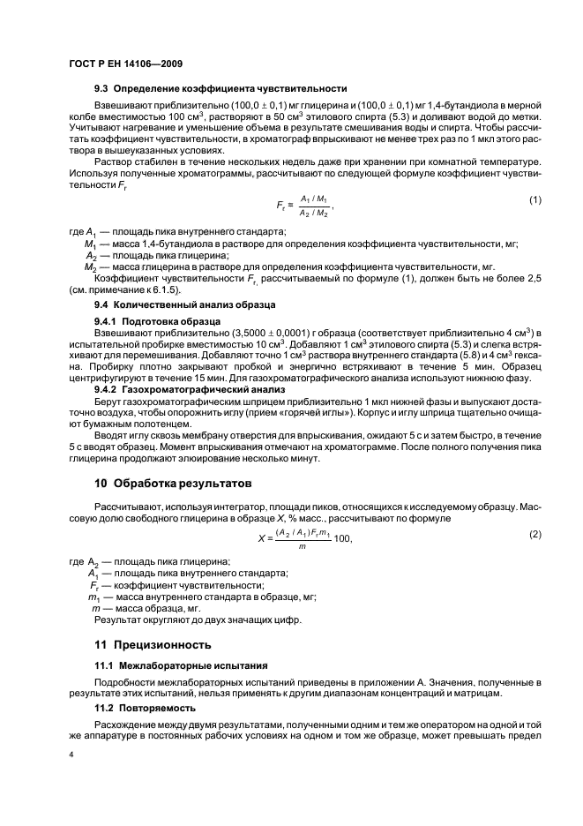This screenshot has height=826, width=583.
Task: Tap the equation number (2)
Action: (x=534, y=536)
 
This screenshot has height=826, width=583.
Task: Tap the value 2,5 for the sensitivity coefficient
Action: (x=532, y=278)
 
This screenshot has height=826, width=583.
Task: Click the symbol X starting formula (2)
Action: (x=261, y=540)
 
